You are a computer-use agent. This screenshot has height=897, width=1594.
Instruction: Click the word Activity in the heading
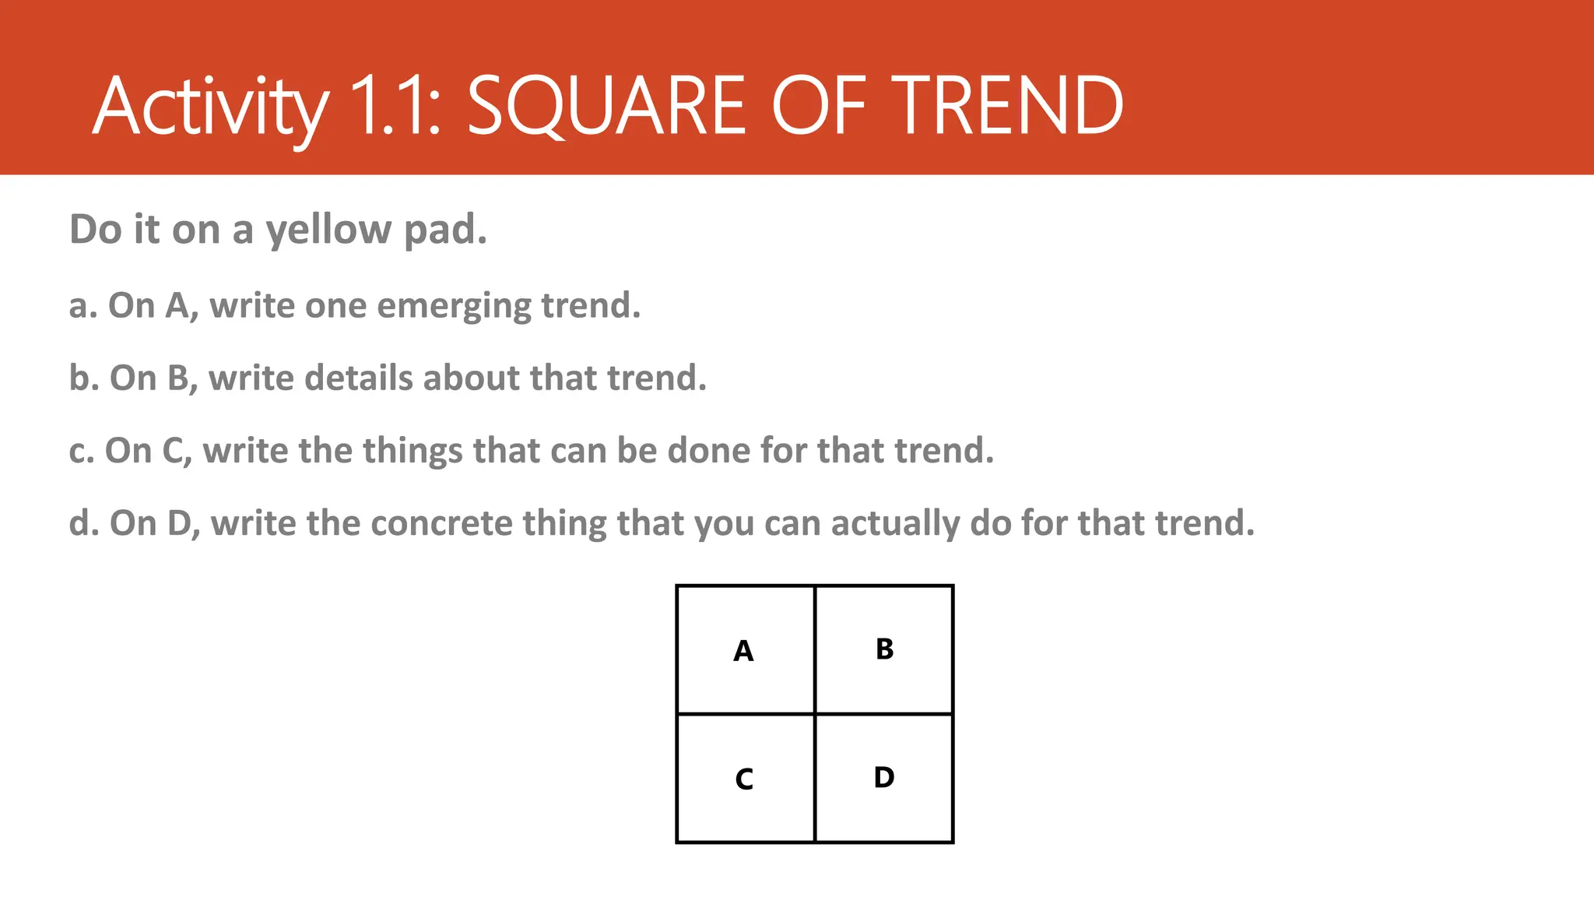(210, 107)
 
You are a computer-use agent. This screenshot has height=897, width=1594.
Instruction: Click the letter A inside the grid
(743, 651)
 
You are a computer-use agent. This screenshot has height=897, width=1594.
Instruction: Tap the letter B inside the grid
(884, 649)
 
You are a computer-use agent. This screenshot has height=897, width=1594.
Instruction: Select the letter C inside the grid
(744, 779)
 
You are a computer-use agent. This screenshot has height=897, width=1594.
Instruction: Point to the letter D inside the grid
(884, 777)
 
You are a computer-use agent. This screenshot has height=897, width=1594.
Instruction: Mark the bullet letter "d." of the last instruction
(83, 523)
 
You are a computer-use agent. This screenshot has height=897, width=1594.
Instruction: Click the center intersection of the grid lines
(815, 714)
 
